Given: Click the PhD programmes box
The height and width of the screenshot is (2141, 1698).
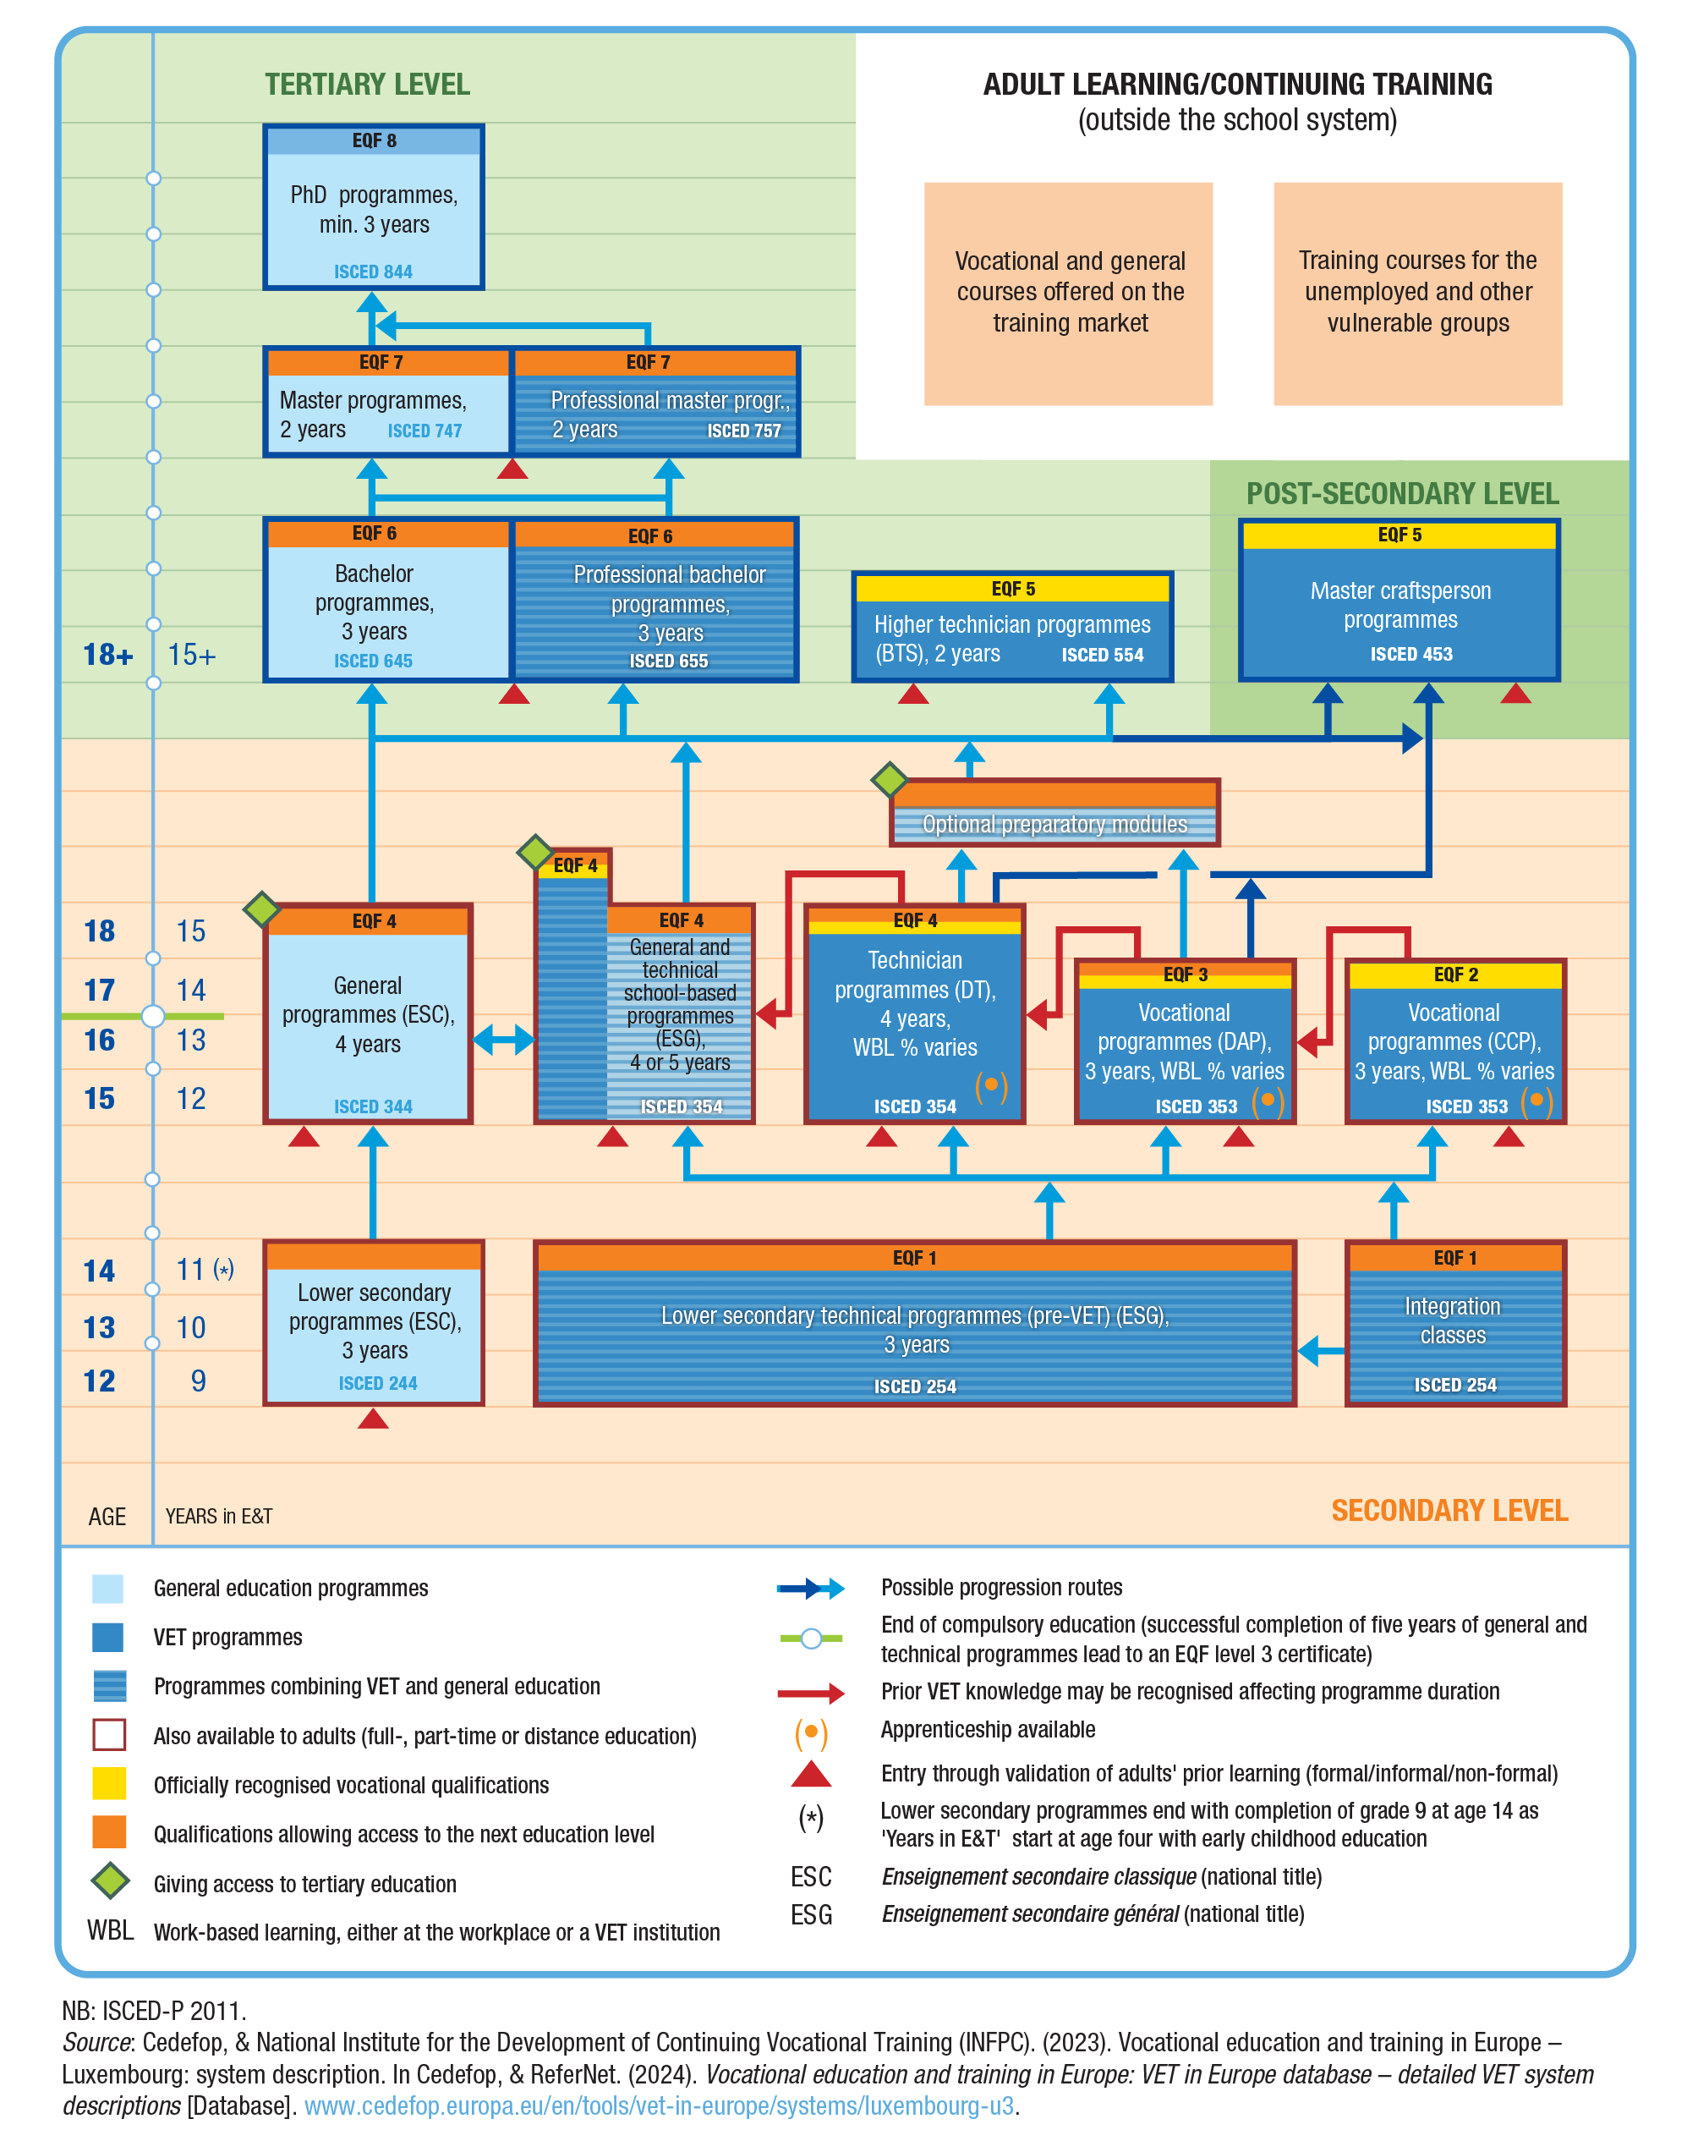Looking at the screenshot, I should [x=374, y=206].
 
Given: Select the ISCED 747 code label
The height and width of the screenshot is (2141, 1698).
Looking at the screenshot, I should [x=424, y=431].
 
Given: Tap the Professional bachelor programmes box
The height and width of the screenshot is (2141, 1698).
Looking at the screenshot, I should [x=655, y=601].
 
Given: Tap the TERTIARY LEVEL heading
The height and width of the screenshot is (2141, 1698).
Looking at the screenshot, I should [x=366, y=85].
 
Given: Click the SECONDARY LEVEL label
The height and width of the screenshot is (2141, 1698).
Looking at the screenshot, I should [x=1448, y=1511].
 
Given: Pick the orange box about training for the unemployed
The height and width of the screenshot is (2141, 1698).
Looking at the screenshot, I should [x=1417, y=293].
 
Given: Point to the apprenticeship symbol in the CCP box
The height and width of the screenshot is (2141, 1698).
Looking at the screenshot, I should [x=1535, y=1101].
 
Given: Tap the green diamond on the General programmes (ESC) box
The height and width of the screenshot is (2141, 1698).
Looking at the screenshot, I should [x=262, y=909].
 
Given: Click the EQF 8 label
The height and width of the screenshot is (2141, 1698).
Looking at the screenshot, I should [x=374, y=141].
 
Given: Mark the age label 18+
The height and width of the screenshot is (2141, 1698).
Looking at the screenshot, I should [x=107, y=656].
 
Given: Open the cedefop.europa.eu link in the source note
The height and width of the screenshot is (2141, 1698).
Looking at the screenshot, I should [x=659, y=2105].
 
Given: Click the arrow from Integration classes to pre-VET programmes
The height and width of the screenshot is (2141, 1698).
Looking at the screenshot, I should [x=1321, y=1351].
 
